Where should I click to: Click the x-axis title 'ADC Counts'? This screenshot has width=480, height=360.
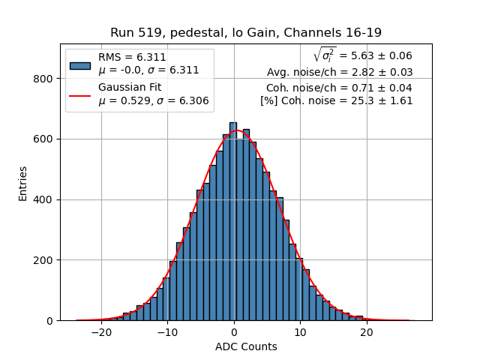(x=246, y=346)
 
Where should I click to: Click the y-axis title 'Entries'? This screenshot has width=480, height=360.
(x=23, y=183)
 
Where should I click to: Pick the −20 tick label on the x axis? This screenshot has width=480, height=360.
(x=101, y=332)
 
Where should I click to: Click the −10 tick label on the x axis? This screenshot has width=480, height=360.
(x=167, y=332)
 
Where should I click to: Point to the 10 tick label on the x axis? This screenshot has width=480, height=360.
(x=300, y=332)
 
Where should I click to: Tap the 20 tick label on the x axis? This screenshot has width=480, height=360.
(x=366, y=332)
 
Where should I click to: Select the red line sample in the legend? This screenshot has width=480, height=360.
(x=80, y=95)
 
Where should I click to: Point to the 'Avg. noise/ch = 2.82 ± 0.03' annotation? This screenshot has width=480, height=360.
(x=340, y=72)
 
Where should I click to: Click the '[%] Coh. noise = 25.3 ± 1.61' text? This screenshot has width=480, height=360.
(x=337, y=100)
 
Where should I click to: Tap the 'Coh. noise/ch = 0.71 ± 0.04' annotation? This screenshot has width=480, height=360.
(x=339, y=87)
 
